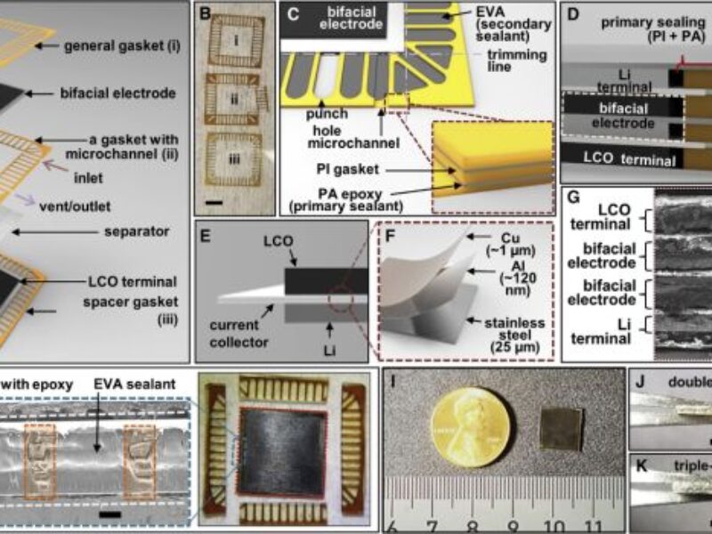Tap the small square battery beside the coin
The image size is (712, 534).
coord(558,429)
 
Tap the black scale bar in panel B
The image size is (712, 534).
coord(214,203)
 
